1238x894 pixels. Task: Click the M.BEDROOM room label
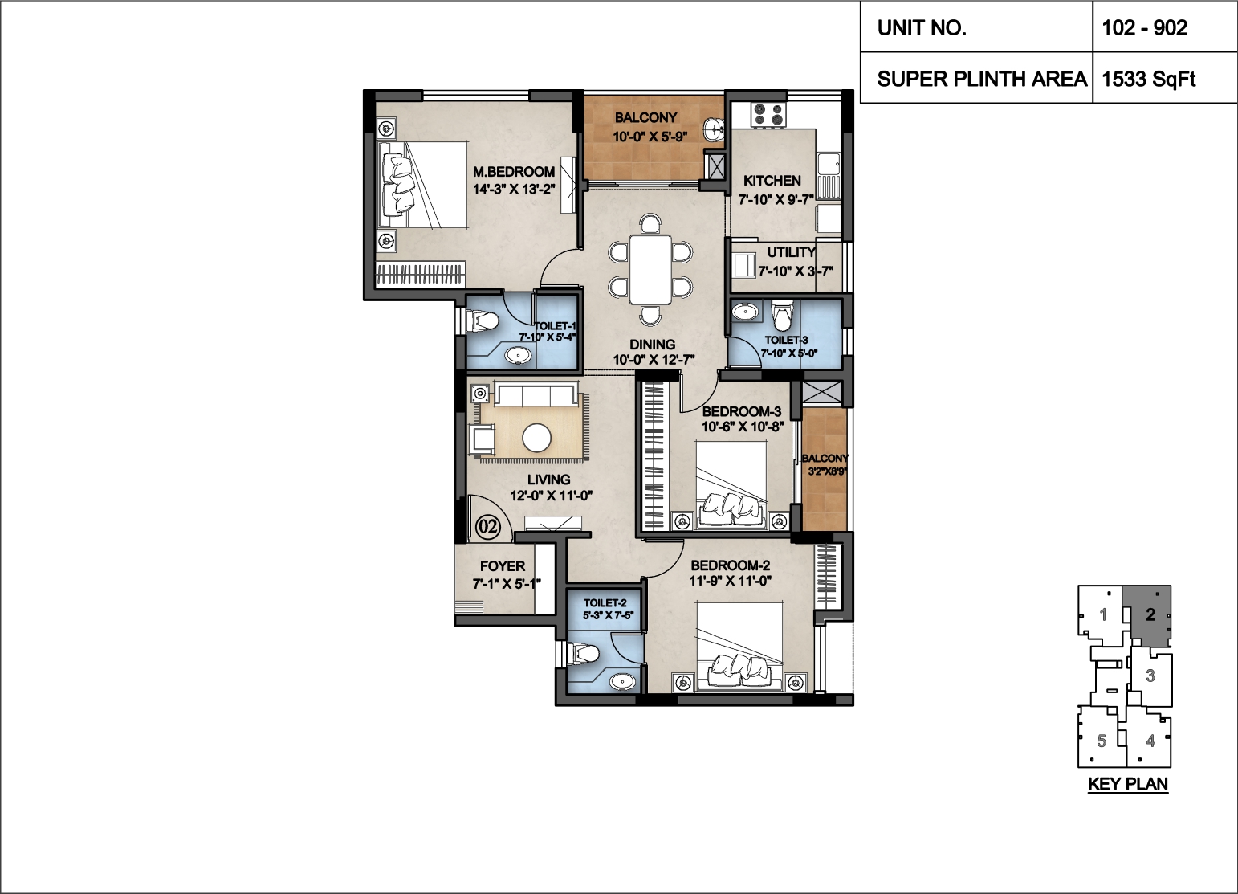point(514,171)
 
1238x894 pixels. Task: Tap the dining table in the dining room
point(650,269)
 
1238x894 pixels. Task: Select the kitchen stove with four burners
point(768,115)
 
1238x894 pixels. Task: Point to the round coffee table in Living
point(536,438)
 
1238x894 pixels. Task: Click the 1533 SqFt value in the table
point(1148,79)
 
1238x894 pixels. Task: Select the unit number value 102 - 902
point(1145,27)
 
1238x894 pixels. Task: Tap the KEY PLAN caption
point(1128,784)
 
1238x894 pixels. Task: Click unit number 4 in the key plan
point(1150,741)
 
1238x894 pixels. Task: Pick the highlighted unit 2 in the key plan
point(1150,614)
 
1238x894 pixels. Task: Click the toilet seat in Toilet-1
point(483,321)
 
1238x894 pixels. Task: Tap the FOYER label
point(503,566)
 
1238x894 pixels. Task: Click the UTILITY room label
point(791,252)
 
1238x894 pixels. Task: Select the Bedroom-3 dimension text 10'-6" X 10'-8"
point(743,427)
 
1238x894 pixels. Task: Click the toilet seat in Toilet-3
point(781,315)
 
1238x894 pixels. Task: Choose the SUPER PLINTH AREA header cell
point(982,79)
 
